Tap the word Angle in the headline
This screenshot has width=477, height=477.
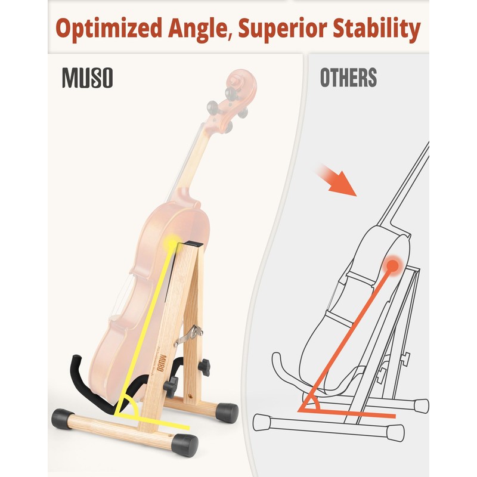click(196, 29)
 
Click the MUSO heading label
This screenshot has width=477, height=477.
click(87, 79)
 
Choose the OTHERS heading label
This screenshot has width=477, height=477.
click(348, 78)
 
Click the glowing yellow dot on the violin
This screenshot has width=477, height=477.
click(172, 242)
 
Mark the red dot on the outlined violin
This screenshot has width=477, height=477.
click(392, 264)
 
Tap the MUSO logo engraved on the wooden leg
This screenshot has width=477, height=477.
click(161, 376)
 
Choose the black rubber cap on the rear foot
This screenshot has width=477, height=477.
click(227, 411)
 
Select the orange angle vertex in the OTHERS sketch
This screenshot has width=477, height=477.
click(303, 410)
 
